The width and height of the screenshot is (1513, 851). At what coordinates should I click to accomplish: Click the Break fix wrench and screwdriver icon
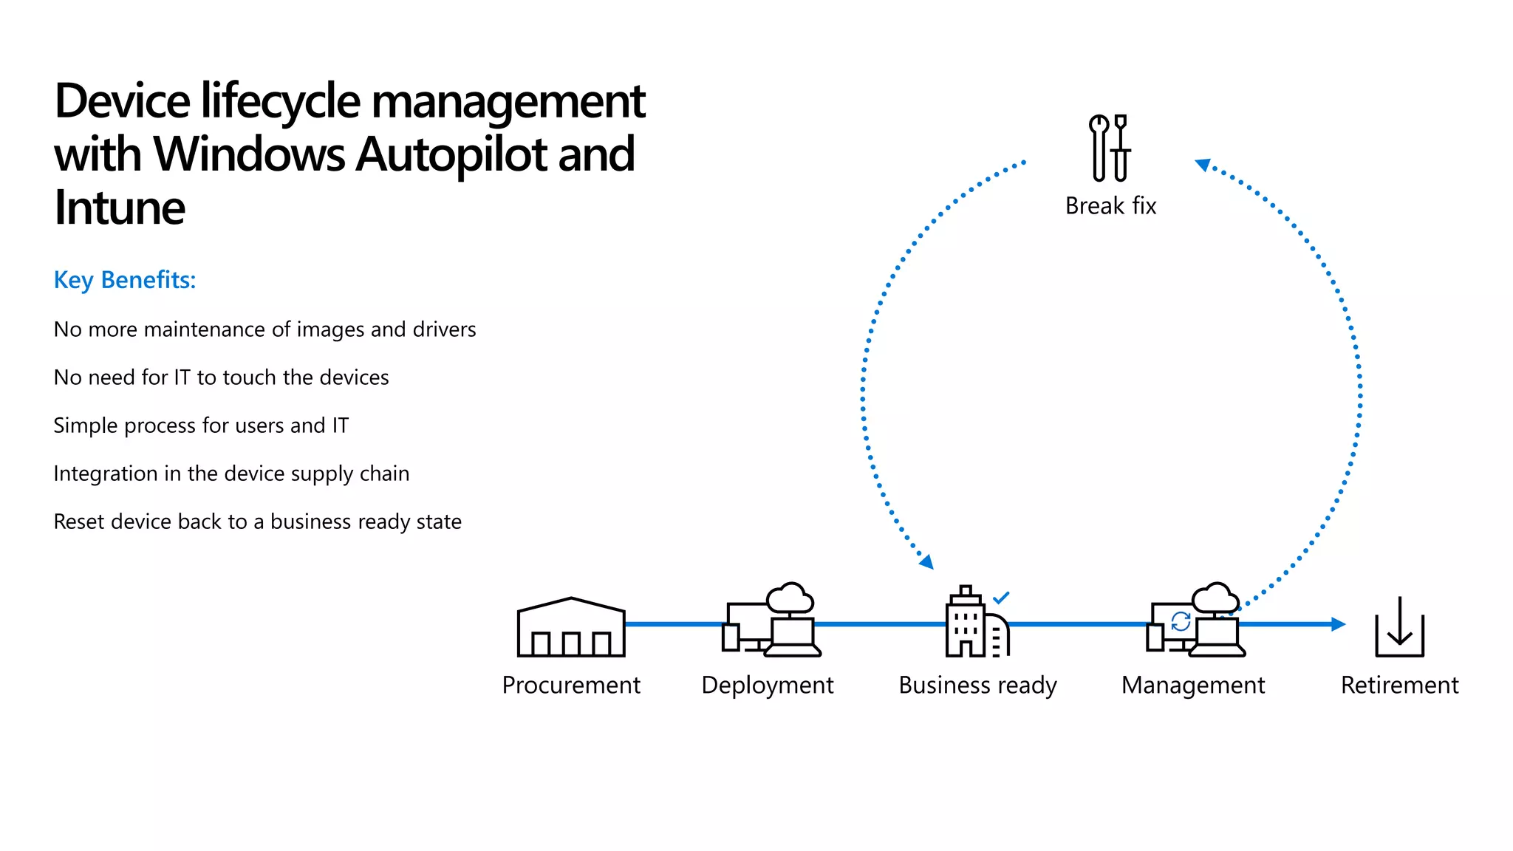(1110, 148)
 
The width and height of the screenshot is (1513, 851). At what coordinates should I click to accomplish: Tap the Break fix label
(1110, 205)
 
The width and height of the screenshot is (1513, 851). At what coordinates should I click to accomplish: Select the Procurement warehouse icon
(571, 627)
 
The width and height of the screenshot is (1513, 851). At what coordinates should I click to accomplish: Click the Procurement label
(571, 685)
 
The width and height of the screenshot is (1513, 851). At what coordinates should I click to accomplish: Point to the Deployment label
(767, 685)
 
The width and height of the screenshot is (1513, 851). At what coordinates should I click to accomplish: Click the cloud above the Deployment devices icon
(790, 598)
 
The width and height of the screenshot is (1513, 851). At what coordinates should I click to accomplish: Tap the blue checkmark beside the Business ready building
(1001, 598)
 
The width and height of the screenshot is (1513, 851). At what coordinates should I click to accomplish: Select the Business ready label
(977, 685)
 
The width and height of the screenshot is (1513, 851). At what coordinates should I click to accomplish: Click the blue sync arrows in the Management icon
(1181, 621)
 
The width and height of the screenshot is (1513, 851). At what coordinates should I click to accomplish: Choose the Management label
(1193, 685)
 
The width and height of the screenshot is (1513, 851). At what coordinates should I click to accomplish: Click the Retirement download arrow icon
(1399, 627)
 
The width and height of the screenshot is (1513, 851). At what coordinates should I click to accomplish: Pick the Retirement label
(1399, 685)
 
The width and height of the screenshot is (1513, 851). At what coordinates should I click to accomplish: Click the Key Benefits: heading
(125, 280)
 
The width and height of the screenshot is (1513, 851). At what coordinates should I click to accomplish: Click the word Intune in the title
(120, 208)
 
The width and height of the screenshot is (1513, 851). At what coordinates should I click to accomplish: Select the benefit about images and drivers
(264, 329)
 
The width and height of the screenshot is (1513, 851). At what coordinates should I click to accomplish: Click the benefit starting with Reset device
(257, 522)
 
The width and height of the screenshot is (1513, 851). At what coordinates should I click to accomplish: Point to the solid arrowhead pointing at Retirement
(1338, 624)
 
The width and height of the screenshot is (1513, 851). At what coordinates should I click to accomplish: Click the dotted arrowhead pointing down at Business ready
(927, 563)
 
